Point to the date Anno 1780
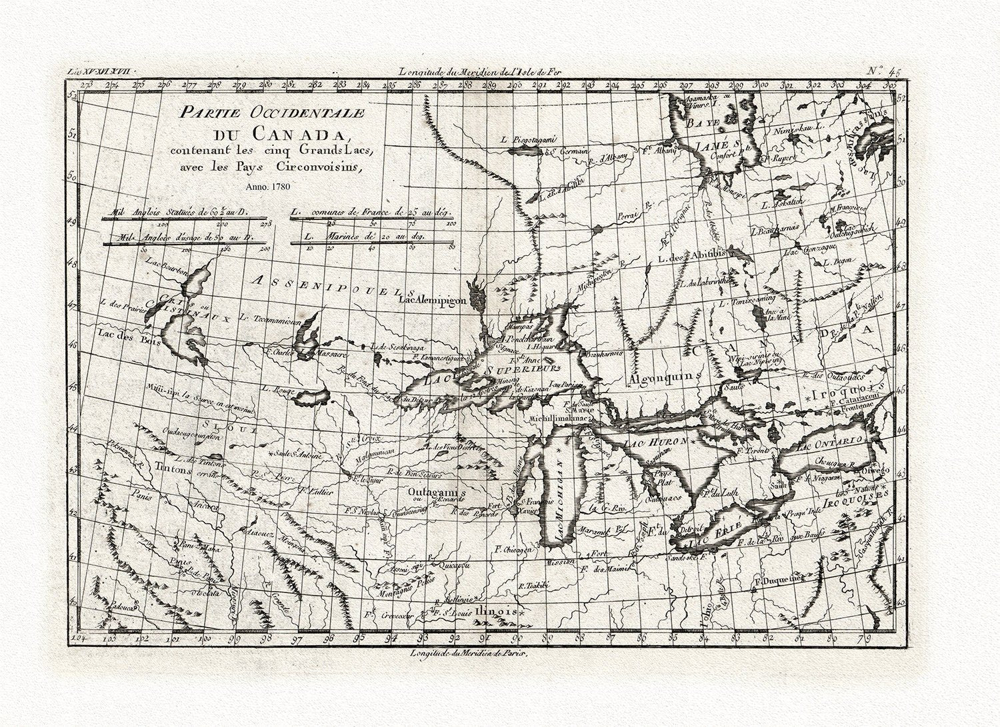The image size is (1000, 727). click(x=265, y=187)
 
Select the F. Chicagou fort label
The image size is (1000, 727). click(x=514, y=550)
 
